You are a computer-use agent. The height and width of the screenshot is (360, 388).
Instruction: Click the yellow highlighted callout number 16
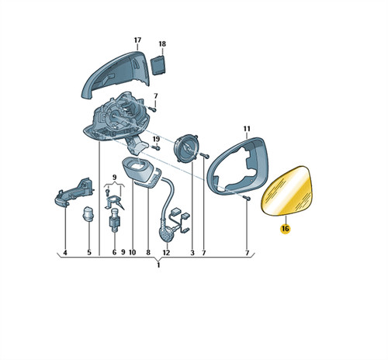[x=286, y=229]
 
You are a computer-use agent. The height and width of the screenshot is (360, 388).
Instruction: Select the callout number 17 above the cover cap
[x=137, y=40]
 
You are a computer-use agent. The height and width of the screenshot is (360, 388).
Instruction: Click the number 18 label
[x=162, y=44]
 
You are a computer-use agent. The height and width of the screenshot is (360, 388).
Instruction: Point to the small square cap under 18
[x=158, y=64]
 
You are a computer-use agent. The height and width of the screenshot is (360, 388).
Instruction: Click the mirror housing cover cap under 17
[x=116, y=75]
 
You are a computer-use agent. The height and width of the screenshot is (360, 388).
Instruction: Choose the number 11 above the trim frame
[x=247, y=129]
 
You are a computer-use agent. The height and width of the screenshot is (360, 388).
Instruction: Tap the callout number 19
[x=156, y=139]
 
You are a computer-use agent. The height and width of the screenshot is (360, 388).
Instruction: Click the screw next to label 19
[x=156, y=148]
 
